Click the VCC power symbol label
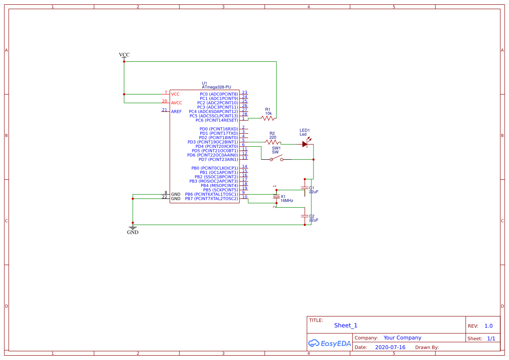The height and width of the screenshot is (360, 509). (x=124, y=55)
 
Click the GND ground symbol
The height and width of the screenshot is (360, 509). (x=133, y=228)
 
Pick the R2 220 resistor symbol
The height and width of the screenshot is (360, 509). (x=273, y=142)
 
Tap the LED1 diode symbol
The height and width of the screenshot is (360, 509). (x=305, y=143)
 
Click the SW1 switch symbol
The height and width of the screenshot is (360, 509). (x=276, y=159)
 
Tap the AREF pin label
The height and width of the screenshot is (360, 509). (x=176, y=111)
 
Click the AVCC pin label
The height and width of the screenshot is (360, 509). (x=176, y=103)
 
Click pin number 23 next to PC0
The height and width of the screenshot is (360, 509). (x=245, y=92)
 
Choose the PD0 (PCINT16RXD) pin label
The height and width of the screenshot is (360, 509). (x=219, y=129)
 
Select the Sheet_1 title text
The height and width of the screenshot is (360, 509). (x=346, y=326)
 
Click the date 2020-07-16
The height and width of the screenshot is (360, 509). (x=390, y=347)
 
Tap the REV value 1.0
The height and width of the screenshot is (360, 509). (x=489, y=326)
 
